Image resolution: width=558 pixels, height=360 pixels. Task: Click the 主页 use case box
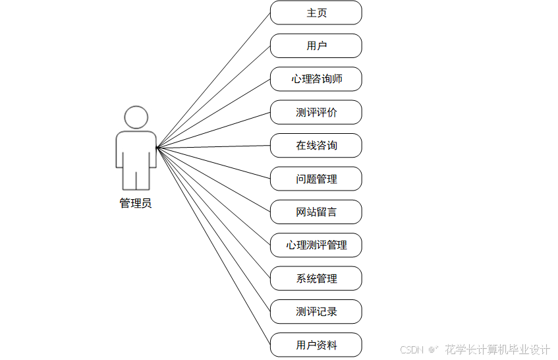point(316,13)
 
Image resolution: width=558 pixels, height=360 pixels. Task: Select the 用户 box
point(316,46)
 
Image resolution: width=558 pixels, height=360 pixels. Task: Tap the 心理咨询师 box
point(316,79)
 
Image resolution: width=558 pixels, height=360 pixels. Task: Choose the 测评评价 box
point(316,112)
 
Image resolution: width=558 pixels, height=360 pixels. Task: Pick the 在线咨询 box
point(316,146)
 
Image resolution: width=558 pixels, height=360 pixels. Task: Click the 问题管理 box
point(316,179)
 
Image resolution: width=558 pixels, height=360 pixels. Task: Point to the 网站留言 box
point(316,212)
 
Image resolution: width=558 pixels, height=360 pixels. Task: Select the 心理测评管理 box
point(316,245)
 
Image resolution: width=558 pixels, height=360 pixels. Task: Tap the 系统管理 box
point(316,278)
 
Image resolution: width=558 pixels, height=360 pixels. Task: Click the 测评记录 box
point(316,311)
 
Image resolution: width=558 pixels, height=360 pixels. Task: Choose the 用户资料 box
point(316,345)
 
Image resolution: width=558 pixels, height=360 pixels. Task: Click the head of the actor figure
point(136,117)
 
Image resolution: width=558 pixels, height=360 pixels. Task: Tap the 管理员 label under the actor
point(136,203)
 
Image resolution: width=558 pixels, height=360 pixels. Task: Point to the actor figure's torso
point(136,150)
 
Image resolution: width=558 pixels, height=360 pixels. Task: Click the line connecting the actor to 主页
point(213,80)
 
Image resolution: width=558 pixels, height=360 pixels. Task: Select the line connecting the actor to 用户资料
point(213,246)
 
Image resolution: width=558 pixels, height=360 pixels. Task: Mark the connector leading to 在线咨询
point(213,146)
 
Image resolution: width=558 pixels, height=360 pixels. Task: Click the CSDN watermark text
point(410,349)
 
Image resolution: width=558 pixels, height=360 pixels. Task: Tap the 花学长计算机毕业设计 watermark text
point(497,349)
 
